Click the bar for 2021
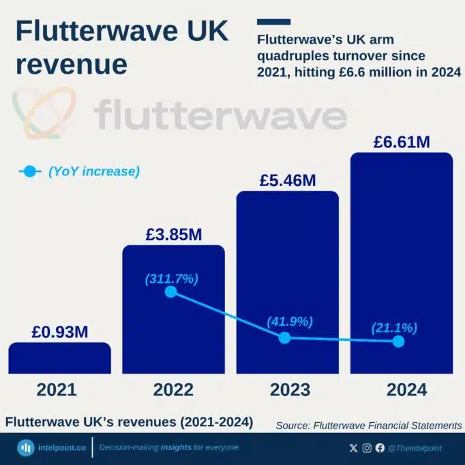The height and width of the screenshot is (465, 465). coord(59,358)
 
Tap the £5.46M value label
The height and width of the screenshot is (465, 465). coord(287,181)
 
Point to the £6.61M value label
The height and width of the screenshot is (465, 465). coord(401,142)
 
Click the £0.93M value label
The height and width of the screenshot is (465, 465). coord(59,333)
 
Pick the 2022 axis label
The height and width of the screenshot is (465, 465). coord(173,390)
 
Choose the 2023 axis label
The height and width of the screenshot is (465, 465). coord(287,390)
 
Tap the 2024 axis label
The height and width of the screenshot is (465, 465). coord(401,390)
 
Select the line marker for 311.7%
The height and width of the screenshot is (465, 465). coord(171,292)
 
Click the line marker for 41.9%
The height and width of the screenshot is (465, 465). coord(285,337)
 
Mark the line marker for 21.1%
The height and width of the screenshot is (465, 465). coord(399,342)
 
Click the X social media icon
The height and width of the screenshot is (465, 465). coord(352,448)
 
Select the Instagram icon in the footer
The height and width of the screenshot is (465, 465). coord(366,448)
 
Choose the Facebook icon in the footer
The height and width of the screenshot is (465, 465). coord(379,448)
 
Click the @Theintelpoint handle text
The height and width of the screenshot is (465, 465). coord(415,448)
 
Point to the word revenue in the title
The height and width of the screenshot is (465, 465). coord(72,64)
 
